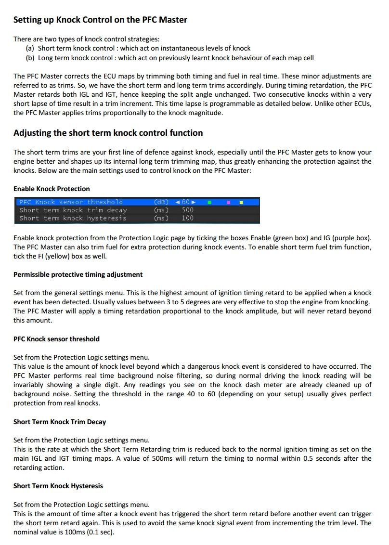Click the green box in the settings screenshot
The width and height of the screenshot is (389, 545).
point(210,202)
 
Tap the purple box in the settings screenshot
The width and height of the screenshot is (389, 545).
point(229,202)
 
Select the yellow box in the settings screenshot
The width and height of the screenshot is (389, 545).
point(241,202)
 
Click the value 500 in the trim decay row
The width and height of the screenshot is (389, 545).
point(188,210)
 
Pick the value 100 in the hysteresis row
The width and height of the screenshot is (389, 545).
point(188,218)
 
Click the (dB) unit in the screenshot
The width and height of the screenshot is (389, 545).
point(161,202)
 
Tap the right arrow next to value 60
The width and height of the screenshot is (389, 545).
point(194,202)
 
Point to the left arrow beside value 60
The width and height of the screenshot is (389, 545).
point(178,202)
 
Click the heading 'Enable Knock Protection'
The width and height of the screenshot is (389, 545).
point(52,189)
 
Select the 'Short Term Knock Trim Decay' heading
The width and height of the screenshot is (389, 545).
point(60,422)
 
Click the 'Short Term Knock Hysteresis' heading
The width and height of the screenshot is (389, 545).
point(58,486)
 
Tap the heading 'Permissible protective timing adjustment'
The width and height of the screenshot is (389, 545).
point(78,274)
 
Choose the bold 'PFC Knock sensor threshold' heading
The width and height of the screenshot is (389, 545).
point(56,339)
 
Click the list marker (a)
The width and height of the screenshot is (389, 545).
point(30,48)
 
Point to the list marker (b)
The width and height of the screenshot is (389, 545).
point(30,58)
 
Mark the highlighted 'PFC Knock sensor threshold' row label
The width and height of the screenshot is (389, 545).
point(71,202)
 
